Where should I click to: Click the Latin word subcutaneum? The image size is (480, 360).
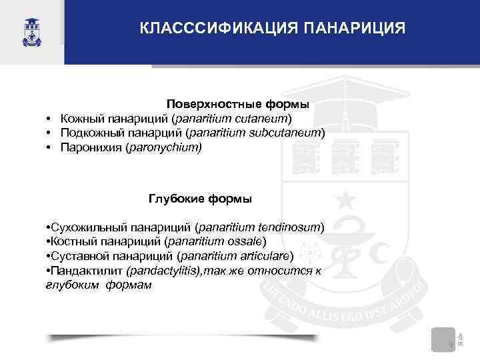pos(288,132)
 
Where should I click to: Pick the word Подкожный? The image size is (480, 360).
pos(87,132)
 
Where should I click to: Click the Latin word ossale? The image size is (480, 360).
pos(245,241)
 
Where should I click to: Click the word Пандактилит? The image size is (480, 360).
pos(85,271)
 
